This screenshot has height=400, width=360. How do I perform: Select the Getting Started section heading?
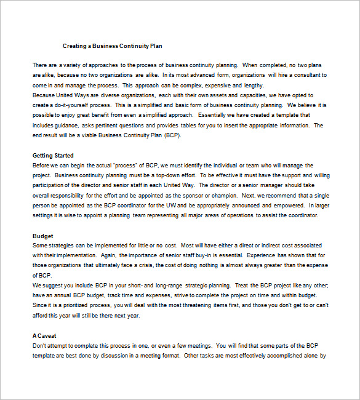click(x=53, y=156)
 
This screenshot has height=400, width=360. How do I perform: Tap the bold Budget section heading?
click(x=42, y=236)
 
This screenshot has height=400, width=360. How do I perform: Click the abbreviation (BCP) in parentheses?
click(x=172, y=135)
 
